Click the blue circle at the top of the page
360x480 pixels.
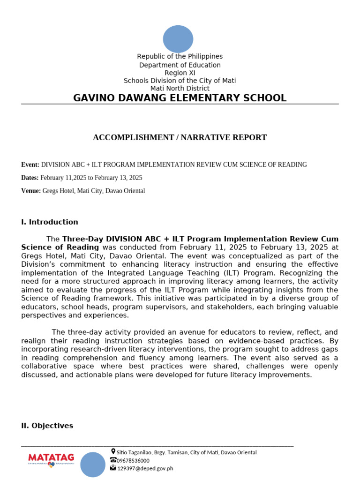click(x=178, y=39)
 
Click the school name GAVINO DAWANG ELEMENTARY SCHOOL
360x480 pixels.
click(x=180, y=98)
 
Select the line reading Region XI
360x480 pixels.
click(x=180, y=73)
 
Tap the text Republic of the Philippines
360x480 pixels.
click(x=180, y=56)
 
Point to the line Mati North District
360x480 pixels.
click(x=180, y=88)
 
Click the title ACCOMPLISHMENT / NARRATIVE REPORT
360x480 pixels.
click(x=180, y=137)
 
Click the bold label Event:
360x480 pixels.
click(x=30, y=165)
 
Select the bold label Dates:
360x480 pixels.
click(x=30, y=178)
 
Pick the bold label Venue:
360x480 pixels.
click(x=31, y=191)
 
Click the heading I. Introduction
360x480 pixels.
click(x=50, y=222)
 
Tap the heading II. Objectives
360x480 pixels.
click(x=47, y=426)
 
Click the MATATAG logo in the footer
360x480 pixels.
click(x=48, y=459)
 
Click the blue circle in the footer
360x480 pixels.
click(x=93, y=465)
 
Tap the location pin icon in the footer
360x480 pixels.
click(x=113, y=451)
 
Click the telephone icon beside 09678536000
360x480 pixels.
click(x=113, y=460)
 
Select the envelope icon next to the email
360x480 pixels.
click(x=113, y=468)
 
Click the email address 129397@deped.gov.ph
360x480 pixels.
click(x=145, y=468)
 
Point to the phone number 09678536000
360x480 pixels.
click(x=133, y=460)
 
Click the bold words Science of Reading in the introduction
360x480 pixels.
click(x=60, y=247)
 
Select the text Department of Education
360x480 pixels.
click(x=180, y=65)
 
